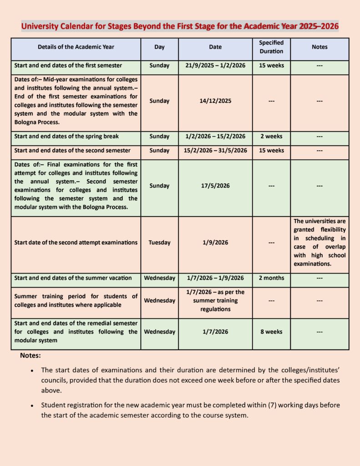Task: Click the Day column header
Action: pos(159,47)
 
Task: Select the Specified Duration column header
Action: pos(271,47)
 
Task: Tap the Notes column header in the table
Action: pos(319,47)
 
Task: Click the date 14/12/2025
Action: pos(215,101)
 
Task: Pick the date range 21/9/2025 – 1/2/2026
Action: pos(215,66)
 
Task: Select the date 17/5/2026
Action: pos(215,186)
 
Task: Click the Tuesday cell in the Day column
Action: pos(159,243)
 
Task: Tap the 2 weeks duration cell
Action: pos(271,137)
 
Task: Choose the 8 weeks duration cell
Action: pos(271,332)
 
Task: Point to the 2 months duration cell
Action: pos(271,278)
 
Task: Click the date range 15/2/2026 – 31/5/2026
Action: pos(215,151)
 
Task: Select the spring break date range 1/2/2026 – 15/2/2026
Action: pos(215,137)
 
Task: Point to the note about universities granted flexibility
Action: pos(319,243)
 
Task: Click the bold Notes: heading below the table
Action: pos(30,355)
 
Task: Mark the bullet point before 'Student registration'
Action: pos(32,405)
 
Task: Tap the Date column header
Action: pos(215,47)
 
